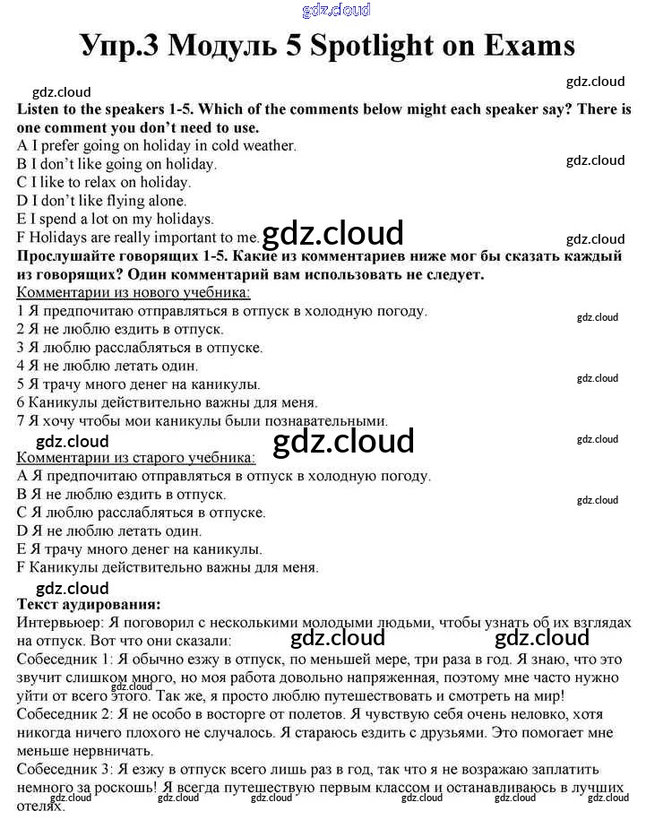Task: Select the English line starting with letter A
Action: click(157, 145)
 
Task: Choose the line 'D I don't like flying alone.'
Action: click(101, 201)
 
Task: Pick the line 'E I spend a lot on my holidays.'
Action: click(115, 219)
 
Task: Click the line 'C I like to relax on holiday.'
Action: click(104, 182)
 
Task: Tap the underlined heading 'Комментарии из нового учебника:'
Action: click(134, 292)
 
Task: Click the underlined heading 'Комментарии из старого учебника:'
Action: click(135, 457)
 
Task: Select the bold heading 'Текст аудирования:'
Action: click(89, 605)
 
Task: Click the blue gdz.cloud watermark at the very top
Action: click(337, 11)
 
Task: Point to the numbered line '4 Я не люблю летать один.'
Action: click(108, 366)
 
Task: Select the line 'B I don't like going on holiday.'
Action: click(116, 164)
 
